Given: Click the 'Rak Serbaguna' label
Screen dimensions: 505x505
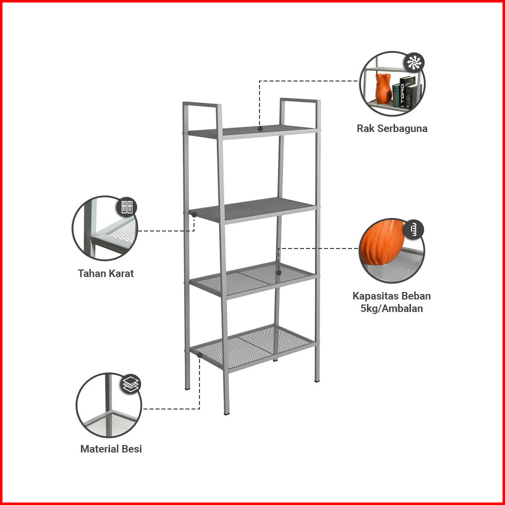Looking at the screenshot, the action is (392, 128).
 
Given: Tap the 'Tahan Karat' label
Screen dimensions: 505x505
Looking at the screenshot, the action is (106, 273).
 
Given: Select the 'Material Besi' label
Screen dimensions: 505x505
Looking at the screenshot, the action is (111, 449).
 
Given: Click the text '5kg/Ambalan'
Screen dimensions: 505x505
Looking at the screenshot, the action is (391, 308).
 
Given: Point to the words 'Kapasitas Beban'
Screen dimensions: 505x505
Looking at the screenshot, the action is (391, 296).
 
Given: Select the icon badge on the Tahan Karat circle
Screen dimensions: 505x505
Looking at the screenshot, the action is (126, 207).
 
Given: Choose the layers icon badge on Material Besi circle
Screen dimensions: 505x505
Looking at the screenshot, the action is (131, 384).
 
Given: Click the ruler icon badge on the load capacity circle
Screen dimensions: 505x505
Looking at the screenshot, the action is (413, 229).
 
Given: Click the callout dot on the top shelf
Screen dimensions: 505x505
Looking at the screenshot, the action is (260, 128).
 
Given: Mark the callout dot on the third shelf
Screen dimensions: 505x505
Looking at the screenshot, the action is (278, 272).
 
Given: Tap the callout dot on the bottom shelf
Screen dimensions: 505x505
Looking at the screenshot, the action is (199, 355).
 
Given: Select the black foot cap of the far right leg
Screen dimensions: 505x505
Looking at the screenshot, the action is (317, 381).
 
